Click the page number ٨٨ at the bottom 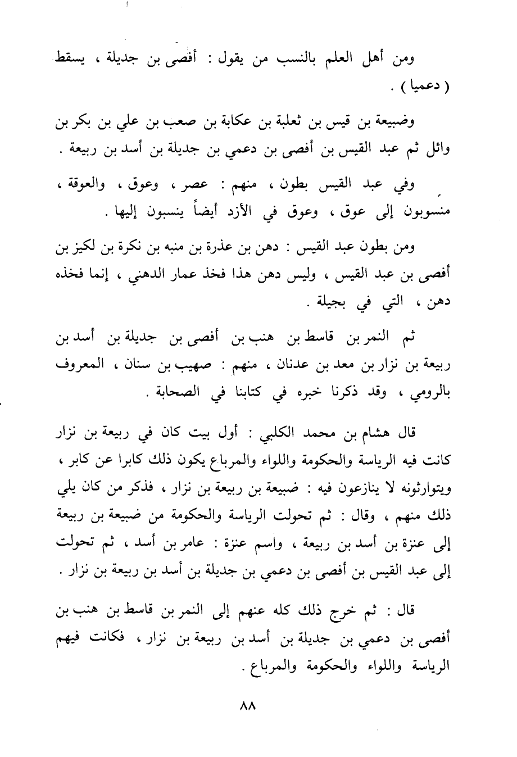point(247,705)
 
